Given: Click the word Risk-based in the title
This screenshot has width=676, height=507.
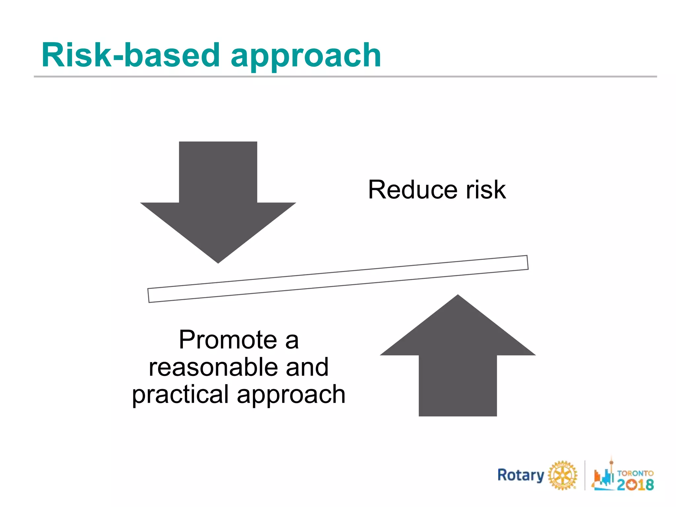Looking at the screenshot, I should [x=130, y=55].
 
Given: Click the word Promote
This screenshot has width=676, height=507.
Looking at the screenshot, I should [x=228, y=340].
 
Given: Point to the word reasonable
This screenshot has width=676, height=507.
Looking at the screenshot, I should [x=213, y=367].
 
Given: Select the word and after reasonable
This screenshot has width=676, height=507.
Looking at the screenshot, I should [x=307, y=367].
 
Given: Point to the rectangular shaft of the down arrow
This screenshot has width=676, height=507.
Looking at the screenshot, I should [x=218, y=172].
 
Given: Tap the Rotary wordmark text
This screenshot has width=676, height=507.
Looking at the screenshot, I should [x=521, y=475].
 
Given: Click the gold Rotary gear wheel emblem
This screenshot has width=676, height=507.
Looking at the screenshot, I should [x=562, y=475].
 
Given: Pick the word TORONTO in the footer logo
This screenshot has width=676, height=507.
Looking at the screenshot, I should [x=635, y=473].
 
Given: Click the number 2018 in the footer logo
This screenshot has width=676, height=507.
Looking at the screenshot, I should [x=635, y=484].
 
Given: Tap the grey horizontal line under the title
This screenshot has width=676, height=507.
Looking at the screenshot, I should [x=345, y=77].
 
